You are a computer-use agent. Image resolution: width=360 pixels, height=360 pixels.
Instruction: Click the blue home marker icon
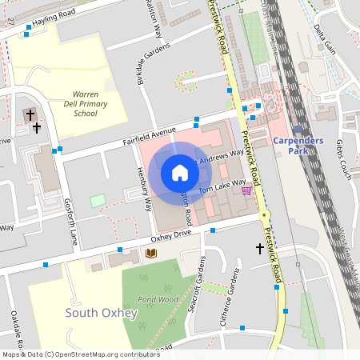(179, 173)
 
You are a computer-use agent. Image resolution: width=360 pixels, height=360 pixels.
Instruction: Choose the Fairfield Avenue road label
(148, 135)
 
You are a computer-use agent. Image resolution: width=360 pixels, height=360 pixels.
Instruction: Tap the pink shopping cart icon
(246, 190)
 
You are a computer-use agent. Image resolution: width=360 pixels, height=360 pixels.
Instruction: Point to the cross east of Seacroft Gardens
(260, 250)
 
